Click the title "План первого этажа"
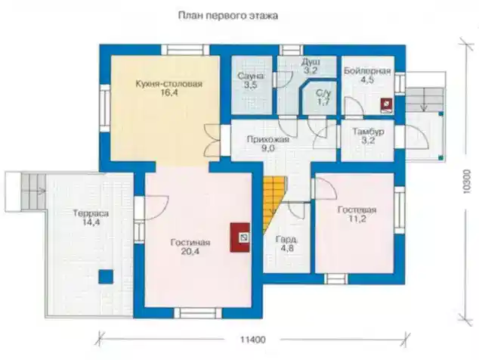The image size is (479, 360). click(228, 16)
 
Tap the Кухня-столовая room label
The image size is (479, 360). click(169, 83)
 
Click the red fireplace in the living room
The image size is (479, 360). click(239, 237)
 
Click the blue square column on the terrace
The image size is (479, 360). click(106, 277)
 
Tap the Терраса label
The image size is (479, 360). click(91, 213)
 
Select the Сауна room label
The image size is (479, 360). click(251, 76)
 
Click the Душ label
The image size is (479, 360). click(311, 62)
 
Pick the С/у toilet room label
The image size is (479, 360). click(323, 93)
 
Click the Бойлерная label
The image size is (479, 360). click(367, 71)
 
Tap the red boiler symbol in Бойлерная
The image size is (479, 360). click(387, 105)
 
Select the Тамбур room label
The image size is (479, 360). click(369, 132)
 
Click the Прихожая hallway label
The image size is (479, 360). click(267, 139)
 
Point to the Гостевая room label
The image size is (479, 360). click(357, 209)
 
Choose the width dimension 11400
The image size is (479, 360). click(252, 340)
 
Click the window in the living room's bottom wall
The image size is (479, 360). click(198, 313)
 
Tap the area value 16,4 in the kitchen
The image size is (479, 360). click(169, 93)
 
